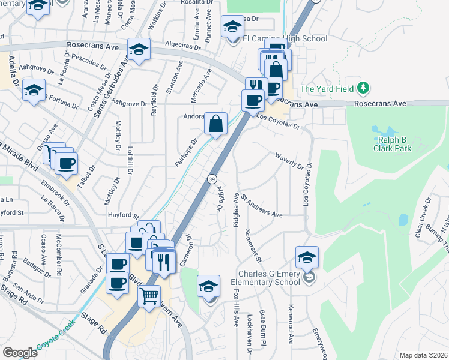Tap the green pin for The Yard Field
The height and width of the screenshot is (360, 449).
tap(362, 89)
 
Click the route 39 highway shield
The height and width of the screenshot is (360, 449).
tap(212, 179)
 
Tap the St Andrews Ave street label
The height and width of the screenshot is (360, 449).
tap(262, 214)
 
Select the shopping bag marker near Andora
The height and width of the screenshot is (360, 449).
tap(215, 124)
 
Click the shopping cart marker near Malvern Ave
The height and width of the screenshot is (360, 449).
tap(149, 295)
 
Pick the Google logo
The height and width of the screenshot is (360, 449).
tap(20, 353)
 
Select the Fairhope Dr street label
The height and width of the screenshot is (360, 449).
tap(186, 153)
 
